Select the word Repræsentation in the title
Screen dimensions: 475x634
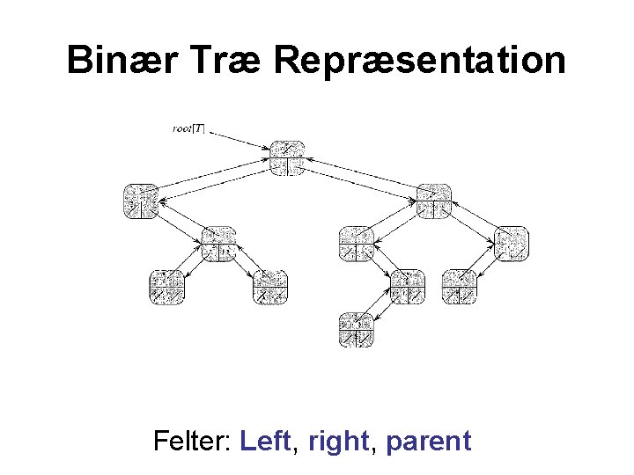tap(419, 61)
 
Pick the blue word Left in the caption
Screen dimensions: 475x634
tap(265, 440)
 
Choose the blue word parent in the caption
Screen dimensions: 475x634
tap(428, 440)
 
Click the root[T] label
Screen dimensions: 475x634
tap(188, 128)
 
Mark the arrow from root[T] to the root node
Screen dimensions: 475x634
tap(239, 138)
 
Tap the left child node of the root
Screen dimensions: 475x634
tap(140, 201)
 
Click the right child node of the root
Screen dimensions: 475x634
tap(434, 201)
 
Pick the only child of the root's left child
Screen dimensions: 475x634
tap(218, 244)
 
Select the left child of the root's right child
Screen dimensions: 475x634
tap(357, 244)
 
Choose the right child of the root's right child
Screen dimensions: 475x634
tap(512, 244)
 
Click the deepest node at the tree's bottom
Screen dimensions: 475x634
tap(357, 329)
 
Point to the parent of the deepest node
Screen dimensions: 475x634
tap(408, 287)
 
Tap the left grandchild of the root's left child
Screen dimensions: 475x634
tap(166, 287)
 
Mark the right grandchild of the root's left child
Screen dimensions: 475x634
tap(270, 287)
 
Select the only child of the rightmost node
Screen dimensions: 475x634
tap(459, 287)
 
